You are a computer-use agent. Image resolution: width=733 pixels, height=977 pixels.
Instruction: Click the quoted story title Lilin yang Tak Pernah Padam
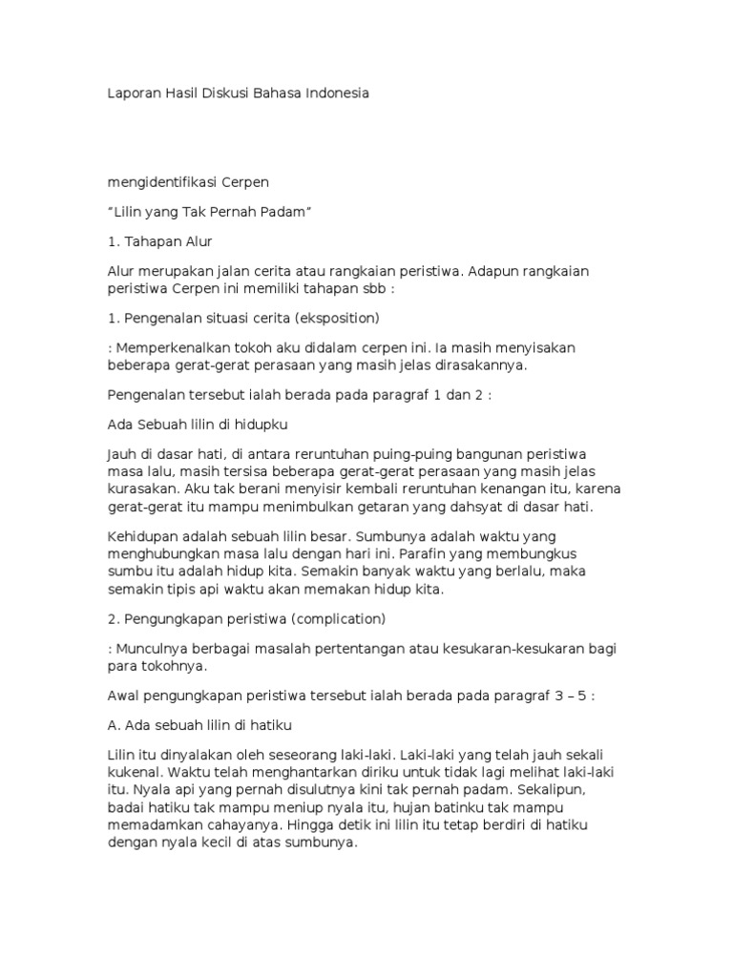[x=210, y=211]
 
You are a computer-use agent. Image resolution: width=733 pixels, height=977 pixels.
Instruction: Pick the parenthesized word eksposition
[x=338, y=318]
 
